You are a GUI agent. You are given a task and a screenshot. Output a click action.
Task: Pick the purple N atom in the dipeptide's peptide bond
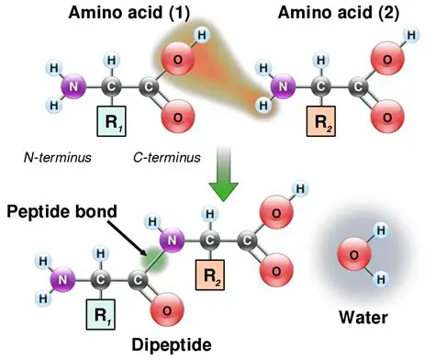click(172, 241)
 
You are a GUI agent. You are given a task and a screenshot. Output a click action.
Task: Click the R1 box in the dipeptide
click(100, 313)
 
